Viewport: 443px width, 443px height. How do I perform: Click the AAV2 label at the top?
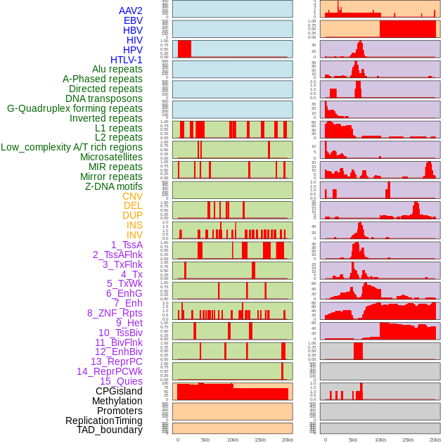click(130, 11)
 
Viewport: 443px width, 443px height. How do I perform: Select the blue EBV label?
click(133, 20)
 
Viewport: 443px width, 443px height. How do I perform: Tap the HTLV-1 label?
click(127, 60)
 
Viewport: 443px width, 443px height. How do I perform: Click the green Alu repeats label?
click(117, 69)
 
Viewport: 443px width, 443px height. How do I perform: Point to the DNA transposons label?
click(104, 98)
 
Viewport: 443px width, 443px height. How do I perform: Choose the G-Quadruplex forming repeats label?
click(75, 108)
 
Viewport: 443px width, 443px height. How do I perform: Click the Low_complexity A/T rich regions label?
click(72, 147)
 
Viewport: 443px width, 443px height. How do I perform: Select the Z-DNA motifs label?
click(114, 186)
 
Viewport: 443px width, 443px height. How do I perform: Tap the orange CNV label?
click(132, 196)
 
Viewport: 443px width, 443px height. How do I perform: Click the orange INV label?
click(134, 235)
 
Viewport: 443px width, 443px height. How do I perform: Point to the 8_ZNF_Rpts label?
click(115, 313)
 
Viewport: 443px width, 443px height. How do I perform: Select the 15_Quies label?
click(121, 381)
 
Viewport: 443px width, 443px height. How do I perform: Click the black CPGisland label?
click(119, 391)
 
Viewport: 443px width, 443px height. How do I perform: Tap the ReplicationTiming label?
click(103, 420)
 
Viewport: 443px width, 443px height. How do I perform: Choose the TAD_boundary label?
click(110, 430)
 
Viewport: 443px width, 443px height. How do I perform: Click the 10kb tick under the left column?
click(233, 439)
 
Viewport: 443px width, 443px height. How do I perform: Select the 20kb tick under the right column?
click(435, 439)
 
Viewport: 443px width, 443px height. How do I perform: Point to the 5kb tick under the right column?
click(353, 439)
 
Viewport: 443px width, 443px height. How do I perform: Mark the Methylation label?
click(113, 401)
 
